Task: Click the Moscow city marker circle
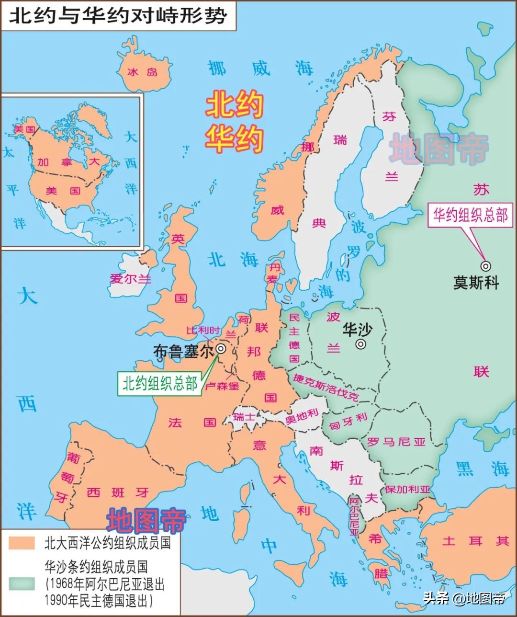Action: click(486, 265)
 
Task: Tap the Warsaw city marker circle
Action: click(361, 344)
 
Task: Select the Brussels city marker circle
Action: click(221, 349)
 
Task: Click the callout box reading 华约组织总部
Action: click(470, 215)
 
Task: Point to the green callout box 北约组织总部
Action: click(160, 383)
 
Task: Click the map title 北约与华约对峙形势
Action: click(118, 16)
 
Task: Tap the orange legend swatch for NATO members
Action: click(22, 543)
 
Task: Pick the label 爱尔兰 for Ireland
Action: click(130, 278)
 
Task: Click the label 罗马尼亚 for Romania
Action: click(396, 442)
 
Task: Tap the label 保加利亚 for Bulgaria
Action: click(408, 489)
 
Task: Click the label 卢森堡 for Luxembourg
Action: click(222, 386)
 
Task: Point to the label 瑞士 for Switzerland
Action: click(244, 417)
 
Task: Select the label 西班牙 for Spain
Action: click(118, 492)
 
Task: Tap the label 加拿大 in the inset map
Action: click(68, 162)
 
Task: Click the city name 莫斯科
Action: click(476, 283)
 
